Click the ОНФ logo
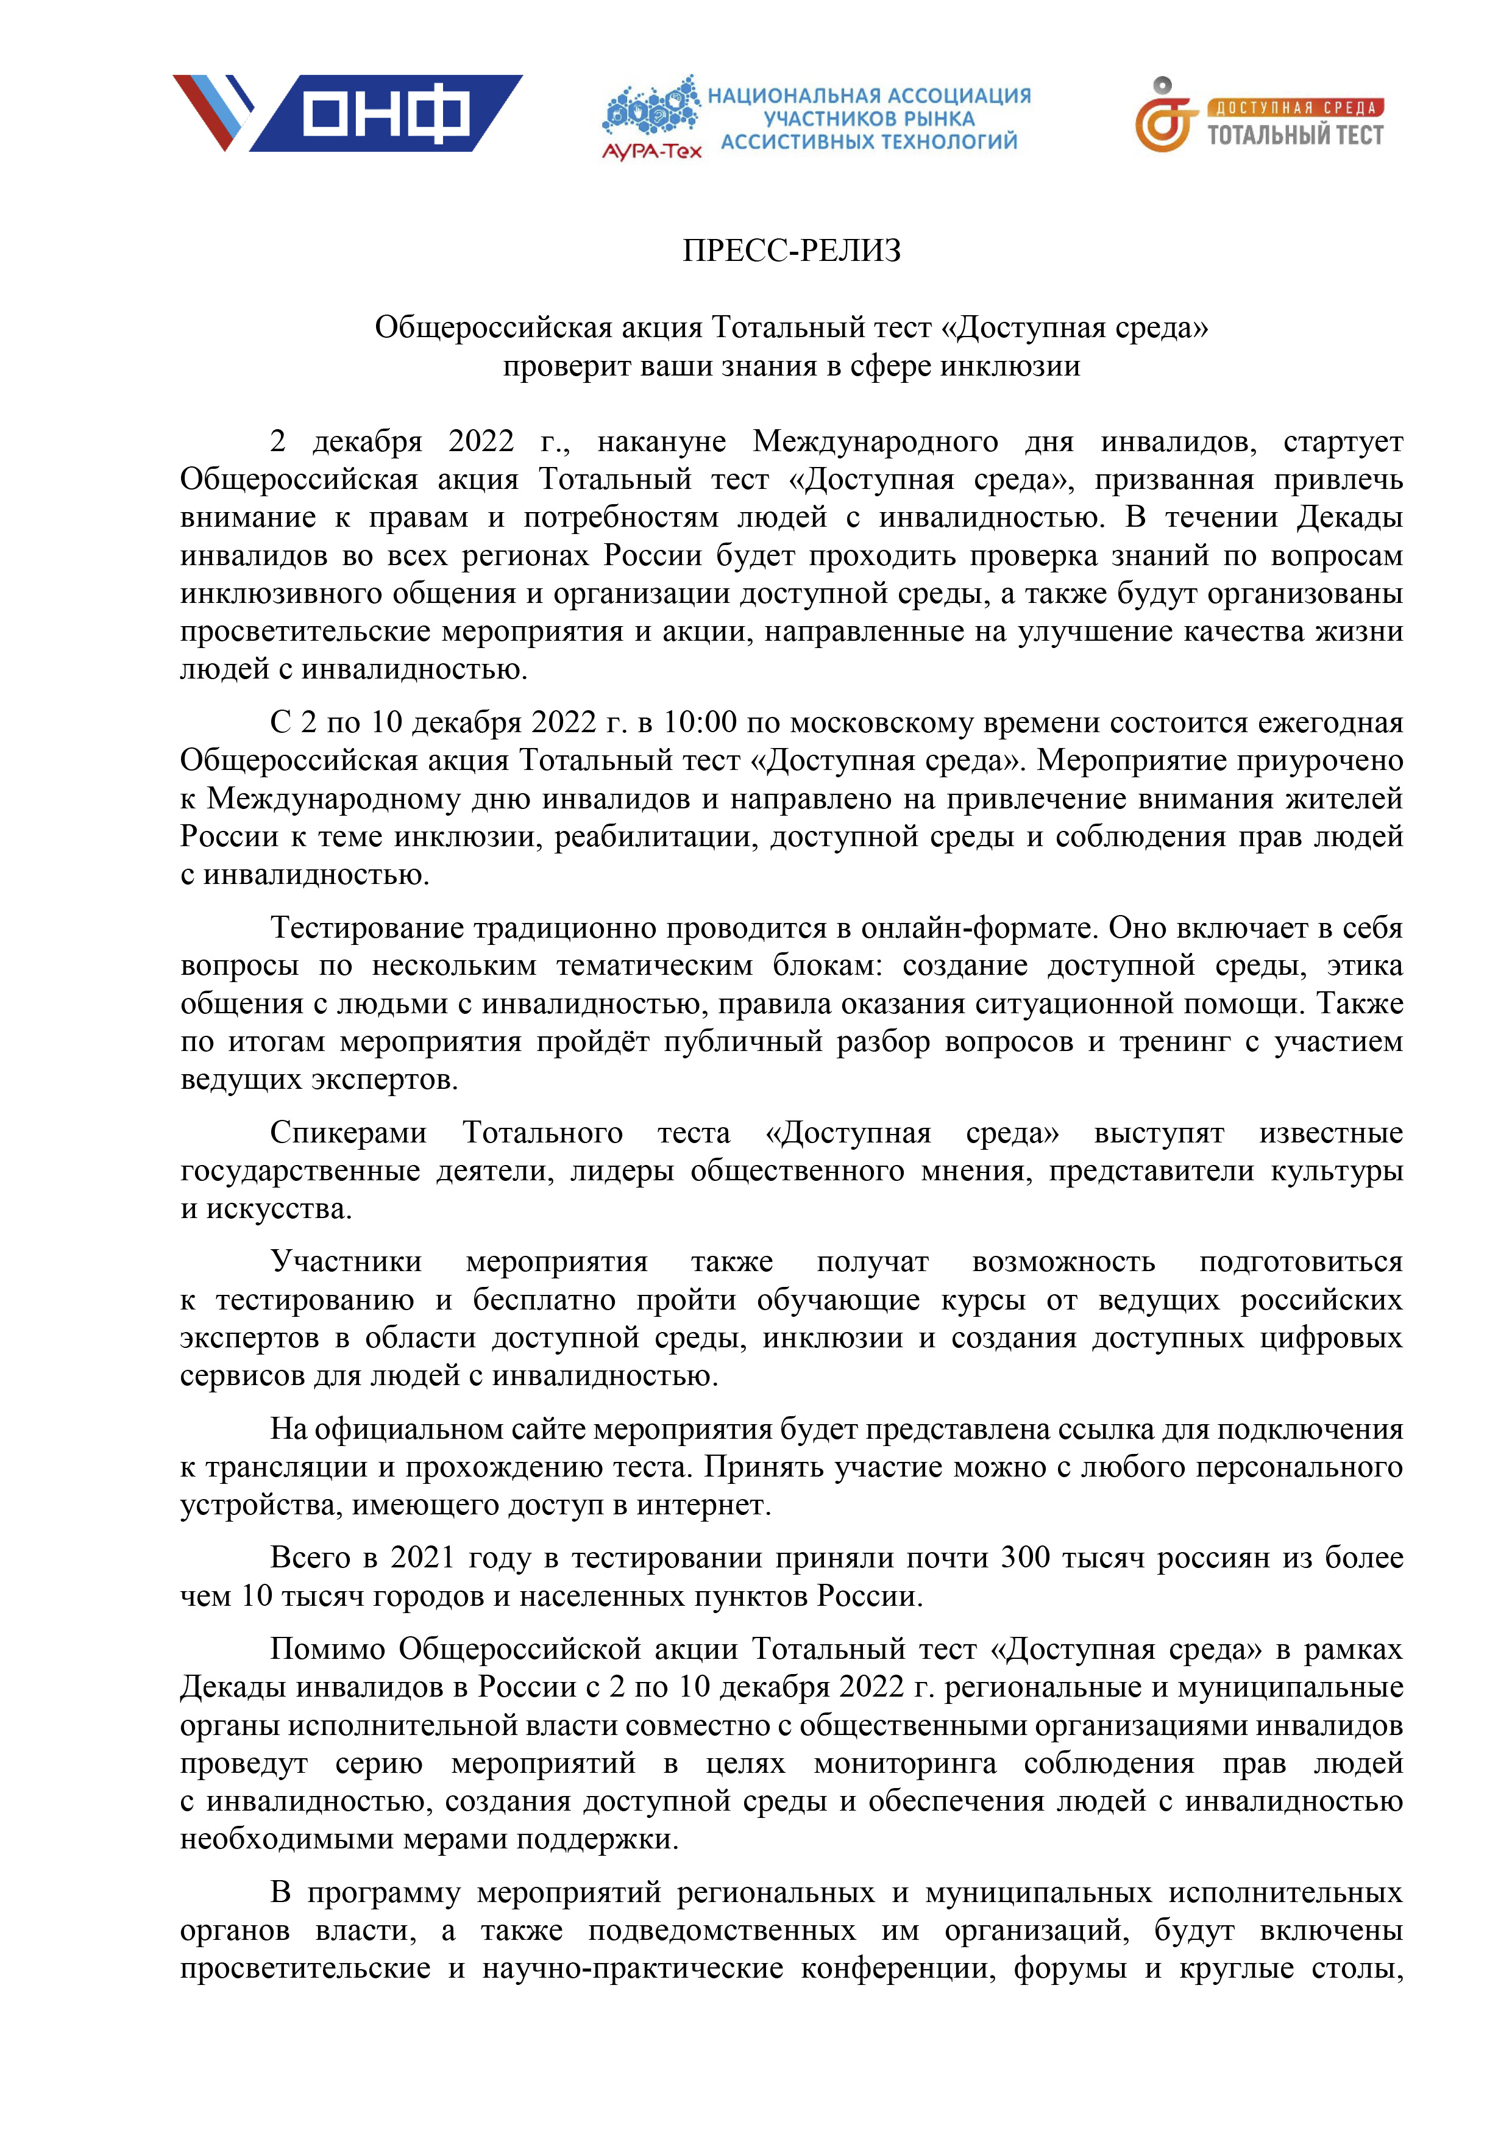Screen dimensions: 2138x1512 pos(347,113)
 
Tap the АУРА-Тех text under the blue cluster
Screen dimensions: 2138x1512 pos(651,151)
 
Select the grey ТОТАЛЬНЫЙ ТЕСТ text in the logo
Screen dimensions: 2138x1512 pos(1295,135)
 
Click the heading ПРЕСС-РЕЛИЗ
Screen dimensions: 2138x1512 pos(792,251)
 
